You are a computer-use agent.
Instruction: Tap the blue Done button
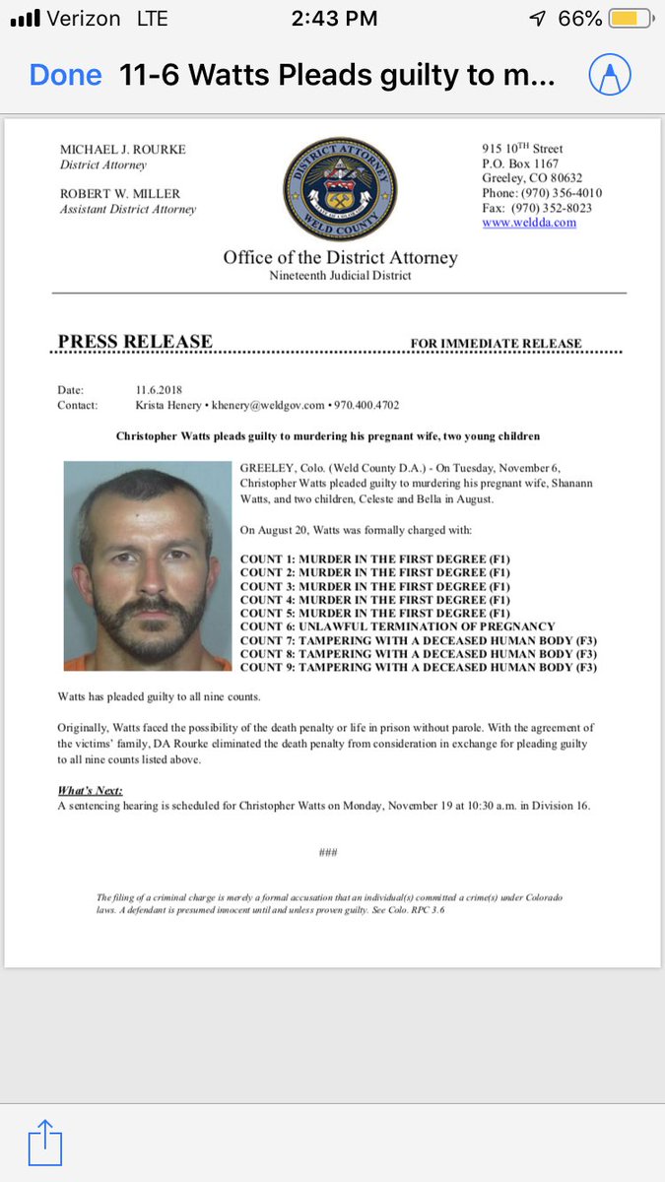[65, 75]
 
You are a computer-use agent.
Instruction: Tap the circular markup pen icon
[609, 75]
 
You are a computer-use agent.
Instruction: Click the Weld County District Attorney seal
[339, 188]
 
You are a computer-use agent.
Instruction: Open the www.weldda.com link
[529, 223]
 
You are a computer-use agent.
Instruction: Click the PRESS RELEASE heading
[135, 342]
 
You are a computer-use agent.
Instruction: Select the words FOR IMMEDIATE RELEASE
[496, 344]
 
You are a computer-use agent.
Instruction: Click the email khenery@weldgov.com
[271, 405]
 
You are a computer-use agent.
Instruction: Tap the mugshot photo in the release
[148, 565]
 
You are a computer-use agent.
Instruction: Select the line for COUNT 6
[397, 626]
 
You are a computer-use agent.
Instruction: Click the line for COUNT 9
[419, 668]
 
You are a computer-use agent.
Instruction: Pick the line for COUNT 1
[375, 558]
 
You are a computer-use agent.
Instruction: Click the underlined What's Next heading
[90, 791]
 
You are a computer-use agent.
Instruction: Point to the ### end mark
[328, 852]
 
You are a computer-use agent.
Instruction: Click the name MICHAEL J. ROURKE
[123, 150]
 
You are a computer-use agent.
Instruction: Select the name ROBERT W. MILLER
[120, 194]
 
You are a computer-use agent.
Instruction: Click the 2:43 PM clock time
[333, 19]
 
